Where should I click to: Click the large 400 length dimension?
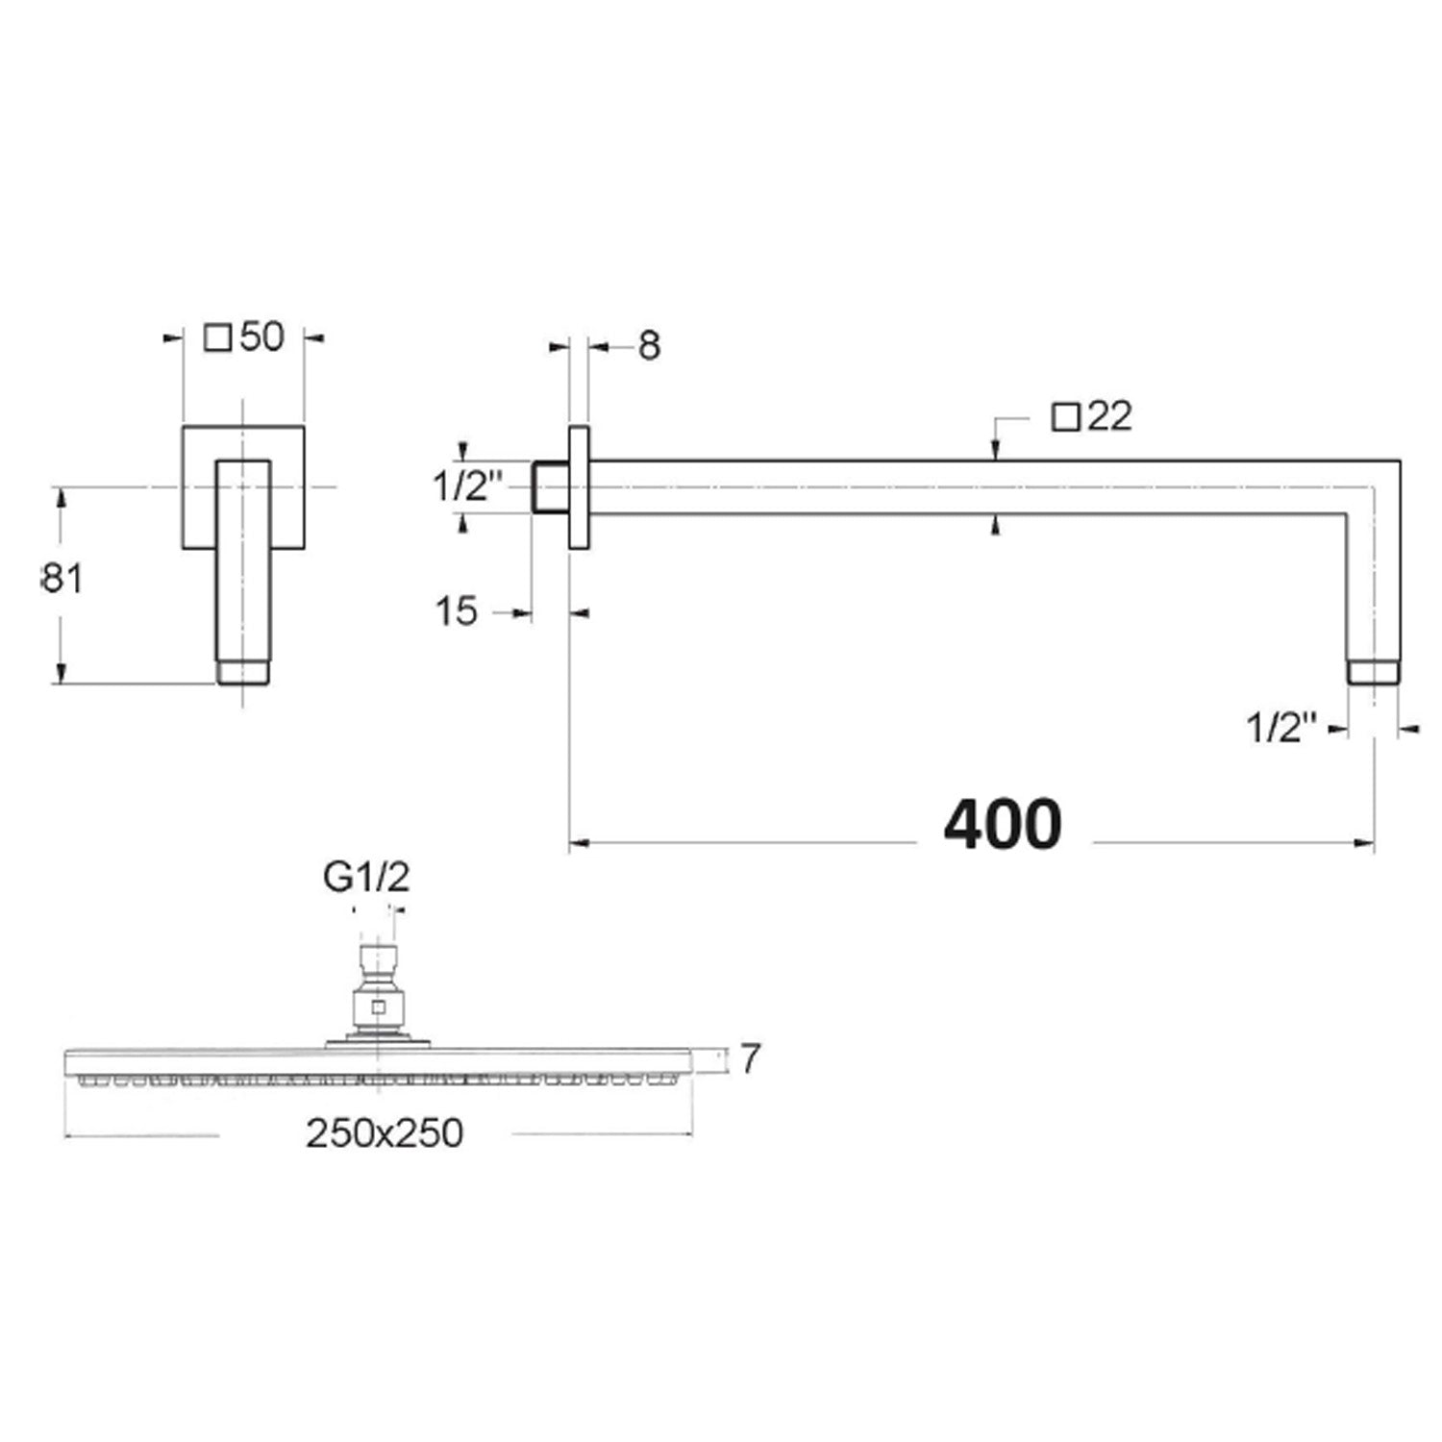point(1003,825)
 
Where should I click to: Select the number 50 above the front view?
point(261,337)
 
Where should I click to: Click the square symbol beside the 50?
point(219,337)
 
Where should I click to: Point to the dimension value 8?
point(650,346)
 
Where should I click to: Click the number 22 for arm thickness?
point(1110,416)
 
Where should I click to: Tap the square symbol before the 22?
point(1064,418)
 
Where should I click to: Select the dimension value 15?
point(456,611)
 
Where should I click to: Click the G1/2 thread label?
point(366,878)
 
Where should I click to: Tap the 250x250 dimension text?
point(385,1133)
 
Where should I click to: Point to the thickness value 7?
point(751,1059)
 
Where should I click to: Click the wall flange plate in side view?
point(580,486)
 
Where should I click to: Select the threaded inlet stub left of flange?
point(551,487)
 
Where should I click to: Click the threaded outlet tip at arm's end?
point(1374,672)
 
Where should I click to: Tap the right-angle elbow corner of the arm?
point(1373,487)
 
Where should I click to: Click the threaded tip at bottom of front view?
point(243,671)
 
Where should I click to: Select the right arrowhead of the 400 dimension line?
point(1365,843)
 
